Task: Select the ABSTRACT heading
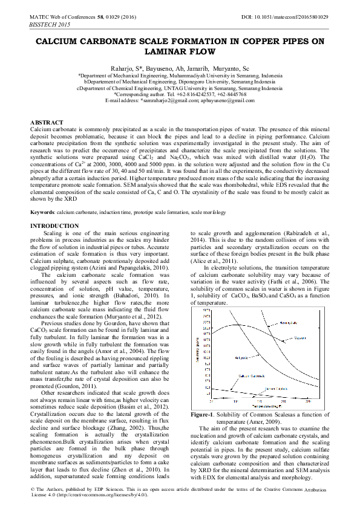(47, 122)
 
